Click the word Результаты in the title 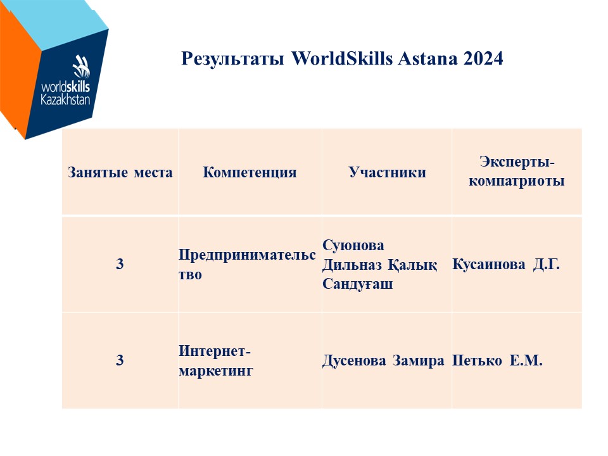[x=232, y=59]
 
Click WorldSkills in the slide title [x=342, y=58]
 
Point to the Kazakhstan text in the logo [x=65, y=99]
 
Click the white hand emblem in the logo [x=82, y=66]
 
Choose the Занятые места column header [x=120, y=172]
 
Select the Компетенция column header [x=250, y=172]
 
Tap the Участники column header [x=387, y=172]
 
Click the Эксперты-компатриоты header [x=517, y=171]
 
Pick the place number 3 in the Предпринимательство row [x=120, y=264]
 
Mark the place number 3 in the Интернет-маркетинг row [x=120, y=360]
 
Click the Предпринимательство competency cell [x=247, y=265]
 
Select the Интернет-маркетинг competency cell [x=215, y=360]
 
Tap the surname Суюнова [x=353, y=245]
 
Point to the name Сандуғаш [x=357, y=284]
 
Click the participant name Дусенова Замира [x=383, y=360]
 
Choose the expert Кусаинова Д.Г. [x=506, y=265]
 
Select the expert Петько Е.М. [x=497, y=360]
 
